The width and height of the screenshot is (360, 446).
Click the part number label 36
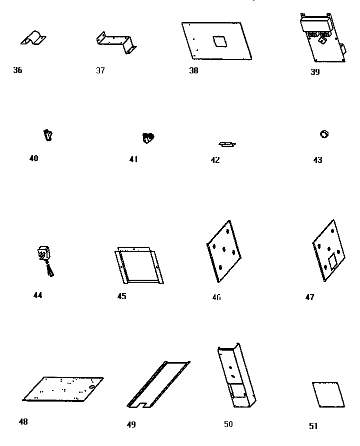[17, 70]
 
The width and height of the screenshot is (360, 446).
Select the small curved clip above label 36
[34, 37]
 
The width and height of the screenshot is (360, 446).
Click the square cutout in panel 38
[218, 40]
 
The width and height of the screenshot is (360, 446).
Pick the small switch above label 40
[48, 135]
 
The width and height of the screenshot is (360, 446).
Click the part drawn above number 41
[149, 137]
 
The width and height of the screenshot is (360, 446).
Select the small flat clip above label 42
[227, 144]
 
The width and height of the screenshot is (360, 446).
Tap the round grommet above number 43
[324, 134]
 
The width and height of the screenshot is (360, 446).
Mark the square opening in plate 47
[332, 259]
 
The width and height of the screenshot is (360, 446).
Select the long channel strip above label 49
[157, 384]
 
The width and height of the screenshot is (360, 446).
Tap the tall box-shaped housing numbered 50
[236, 377]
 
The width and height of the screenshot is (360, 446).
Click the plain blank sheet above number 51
[328, 395]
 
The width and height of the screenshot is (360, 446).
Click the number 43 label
[318, 160]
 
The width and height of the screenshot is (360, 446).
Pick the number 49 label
[131, 425]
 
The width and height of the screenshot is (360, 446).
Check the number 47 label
[309, 297]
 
